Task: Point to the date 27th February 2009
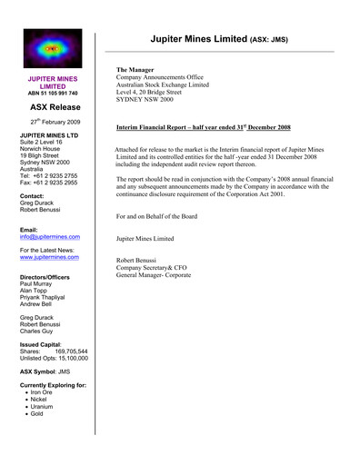55,121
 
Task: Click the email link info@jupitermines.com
50,237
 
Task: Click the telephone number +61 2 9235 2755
62,174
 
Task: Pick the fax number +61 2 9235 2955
63,183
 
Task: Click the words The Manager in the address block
135,70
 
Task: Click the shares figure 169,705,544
72,351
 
